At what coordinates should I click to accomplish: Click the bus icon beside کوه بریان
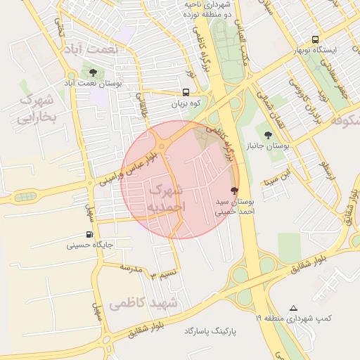[186, 92]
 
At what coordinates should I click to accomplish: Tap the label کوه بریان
[186, 104]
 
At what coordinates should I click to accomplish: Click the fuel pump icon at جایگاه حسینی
[89, 234]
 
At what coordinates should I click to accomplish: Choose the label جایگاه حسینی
[90, 245]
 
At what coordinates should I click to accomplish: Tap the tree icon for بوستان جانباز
[267, 134]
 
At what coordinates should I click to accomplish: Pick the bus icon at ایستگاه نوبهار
[314, 39]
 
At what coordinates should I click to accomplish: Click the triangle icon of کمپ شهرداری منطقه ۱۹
[294, 308]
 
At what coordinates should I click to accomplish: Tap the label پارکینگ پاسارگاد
[214, 329]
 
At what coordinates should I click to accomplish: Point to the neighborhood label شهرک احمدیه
[166, 198]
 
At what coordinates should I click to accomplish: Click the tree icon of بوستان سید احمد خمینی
[234, 191]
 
